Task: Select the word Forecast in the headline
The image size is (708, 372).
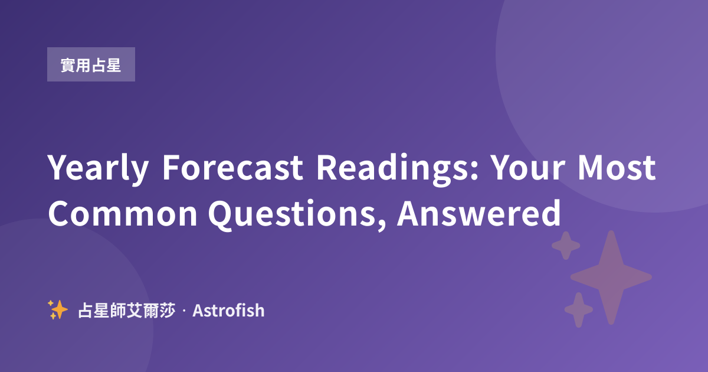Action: [232, 167]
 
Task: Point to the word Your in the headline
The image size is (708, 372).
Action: [529, 167]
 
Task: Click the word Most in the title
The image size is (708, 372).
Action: [617, 167]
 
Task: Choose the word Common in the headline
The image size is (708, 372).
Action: [123, 214]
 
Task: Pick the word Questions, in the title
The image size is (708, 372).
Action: [297, 215]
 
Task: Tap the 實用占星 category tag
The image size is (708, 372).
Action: [91, 64]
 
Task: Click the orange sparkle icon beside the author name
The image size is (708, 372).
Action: [58, 309]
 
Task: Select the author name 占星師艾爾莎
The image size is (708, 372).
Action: [126, 311]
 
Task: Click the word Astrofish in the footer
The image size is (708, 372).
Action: [228, 311]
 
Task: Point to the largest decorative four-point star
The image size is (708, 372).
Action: [611, 278]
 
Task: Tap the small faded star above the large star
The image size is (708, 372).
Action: [566, 246]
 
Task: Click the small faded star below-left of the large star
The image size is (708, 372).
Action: [579, 309]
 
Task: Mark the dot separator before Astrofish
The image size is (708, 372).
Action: [184, 311]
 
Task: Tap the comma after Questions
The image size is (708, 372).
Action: [382, 224]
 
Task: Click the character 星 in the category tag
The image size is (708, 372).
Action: [114, 65]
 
